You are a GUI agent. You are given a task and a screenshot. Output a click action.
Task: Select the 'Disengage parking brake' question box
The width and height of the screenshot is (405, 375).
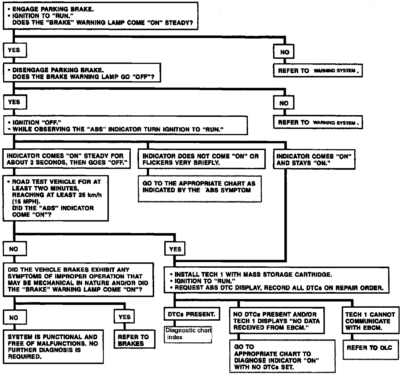82,73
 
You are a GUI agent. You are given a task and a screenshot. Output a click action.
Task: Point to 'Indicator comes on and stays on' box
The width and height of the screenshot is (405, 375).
314,159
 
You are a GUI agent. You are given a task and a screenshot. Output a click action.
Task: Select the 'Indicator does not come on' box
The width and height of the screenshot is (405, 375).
201,159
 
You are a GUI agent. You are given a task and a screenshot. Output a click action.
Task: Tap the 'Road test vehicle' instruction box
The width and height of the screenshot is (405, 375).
56,198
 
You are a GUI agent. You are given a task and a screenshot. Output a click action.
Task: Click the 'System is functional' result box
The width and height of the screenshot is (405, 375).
53,347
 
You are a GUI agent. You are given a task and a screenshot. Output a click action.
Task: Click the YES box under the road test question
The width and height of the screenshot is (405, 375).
175,249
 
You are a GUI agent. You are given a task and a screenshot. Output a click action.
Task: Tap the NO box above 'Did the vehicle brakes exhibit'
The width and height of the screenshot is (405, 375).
15,249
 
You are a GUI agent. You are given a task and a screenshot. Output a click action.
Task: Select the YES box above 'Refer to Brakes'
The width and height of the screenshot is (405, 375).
124,317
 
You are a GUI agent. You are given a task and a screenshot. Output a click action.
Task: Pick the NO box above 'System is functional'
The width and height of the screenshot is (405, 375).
15,318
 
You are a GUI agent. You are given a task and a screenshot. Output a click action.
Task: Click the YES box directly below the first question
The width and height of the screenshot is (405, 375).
15,50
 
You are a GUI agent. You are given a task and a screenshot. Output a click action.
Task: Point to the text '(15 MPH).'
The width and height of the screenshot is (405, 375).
26,201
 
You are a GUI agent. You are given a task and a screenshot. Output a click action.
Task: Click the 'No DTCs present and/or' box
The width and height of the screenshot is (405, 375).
276,321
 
